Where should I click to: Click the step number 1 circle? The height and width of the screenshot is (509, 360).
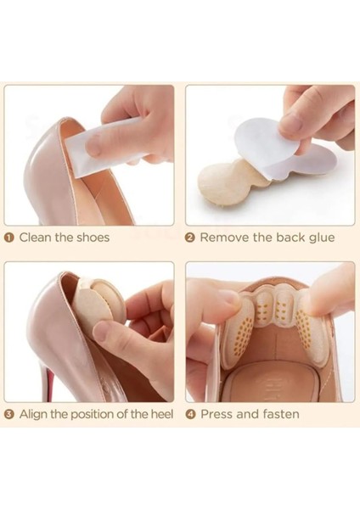tap(9, 238)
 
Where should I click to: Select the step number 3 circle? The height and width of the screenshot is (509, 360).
tap(9, 414)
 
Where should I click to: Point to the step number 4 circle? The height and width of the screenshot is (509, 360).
tap(191, 414)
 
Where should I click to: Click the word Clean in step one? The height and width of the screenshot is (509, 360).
tap(35, 238)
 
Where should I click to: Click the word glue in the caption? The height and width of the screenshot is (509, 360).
tap(321, 238)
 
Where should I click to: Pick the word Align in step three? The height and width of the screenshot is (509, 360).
tap(33, 415)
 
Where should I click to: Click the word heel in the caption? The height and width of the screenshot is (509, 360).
tap(162, 414)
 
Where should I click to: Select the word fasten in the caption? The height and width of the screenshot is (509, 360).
tap(281, 414)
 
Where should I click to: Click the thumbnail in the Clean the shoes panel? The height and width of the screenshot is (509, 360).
tap(93, 143)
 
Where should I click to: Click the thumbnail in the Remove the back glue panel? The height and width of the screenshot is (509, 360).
tap(292, 120)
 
